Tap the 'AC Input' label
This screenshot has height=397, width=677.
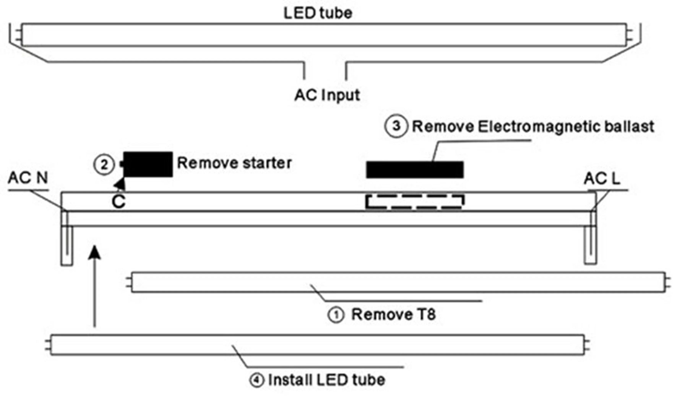[327, 95]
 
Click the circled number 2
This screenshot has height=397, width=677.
[104, 164]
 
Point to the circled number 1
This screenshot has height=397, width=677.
[336, 315]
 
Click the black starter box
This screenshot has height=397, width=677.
[148, 164]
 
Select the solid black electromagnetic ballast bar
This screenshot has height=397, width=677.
[415, 170]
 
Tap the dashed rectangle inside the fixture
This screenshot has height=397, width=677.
[415, 202]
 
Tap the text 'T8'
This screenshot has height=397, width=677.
[425, 314]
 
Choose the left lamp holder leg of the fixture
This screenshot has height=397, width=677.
[67, 245]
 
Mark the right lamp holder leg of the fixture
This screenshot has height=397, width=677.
[590, 245]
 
